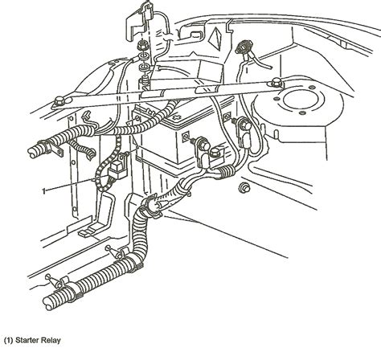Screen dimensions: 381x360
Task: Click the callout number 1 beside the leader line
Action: [x=44, y=191]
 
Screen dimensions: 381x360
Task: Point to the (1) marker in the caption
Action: [x=8, y=341]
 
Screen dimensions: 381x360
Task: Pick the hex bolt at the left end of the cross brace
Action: [x=59, y=102]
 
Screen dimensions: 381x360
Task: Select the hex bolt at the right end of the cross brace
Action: [x=276, y=82]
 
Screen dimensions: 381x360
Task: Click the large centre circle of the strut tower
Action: [x=301, y=100]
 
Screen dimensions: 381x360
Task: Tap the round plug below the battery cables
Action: [x=244, y=187]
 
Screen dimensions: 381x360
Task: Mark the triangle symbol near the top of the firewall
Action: [x=215, y=38]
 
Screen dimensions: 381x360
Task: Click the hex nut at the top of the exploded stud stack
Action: [x=142, y=46]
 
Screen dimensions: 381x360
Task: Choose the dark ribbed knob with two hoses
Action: [x=244, y=47]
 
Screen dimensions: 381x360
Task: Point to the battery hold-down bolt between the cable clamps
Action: [x=215, y=153]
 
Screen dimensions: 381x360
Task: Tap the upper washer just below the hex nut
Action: [x=144, y=57]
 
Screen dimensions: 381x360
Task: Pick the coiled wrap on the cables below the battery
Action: [x=226, y=170]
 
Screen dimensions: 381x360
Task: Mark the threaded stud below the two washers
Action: [x=144, y=81]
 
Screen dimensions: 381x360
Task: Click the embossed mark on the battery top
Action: [x=177, y=117]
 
